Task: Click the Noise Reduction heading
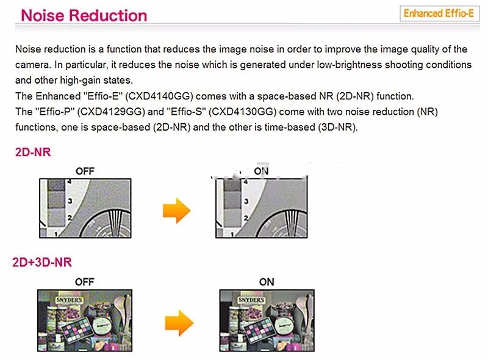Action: coord(84,15)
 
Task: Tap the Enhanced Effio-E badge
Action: coord(439,13)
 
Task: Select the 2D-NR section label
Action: coord(33,153)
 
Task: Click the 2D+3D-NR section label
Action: coord(42,262)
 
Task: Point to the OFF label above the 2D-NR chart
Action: coord(85,171)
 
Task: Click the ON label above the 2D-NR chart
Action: coord(261,171)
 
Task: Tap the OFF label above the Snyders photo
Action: coord(84,282)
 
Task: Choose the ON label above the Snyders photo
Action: coord(267,282)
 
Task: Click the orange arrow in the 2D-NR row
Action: coord(176,211)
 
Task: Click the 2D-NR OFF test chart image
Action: coord(85,208)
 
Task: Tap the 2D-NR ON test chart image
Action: coord(260,208)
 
